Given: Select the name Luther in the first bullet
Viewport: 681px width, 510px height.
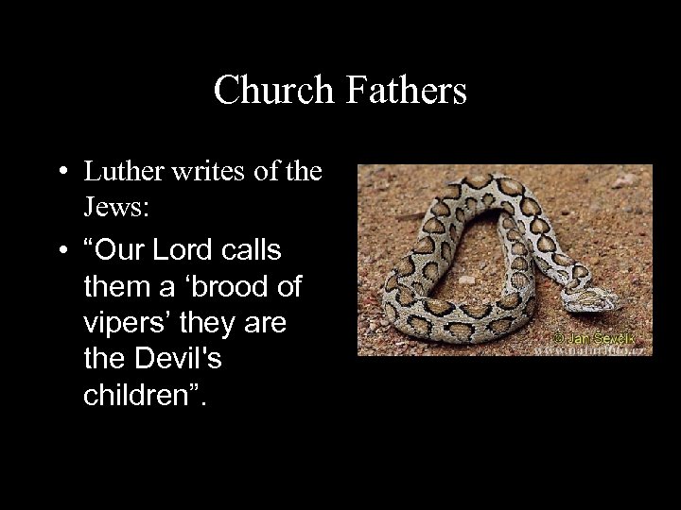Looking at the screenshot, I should [x=118, y=173].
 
